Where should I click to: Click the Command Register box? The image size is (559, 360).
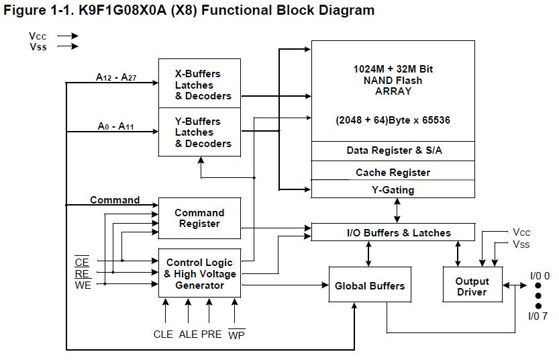200,218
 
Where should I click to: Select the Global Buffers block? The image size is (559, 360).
370,285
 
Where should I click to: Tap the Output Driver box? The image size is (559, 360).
472,285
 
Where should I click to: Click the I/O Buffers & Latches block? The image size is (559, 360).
393,232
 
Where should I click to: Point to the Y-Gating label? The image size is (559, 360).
393,190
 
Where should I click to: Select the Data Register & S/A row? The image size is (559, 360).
393,151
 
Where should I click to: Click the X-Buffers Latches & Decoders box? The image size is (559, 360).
200,83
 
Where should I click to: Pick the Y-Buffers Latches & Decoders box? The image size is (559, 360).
200,132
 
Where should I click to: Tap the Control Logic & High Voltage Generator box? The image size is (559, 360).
200,273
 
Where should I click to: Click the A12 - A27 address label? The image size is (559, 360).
116,77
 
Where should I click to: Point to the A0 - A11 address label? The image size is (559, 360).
116,126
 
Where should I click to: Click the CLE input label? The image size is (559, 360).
163,334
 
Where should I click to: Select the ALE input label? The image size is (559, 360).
188,334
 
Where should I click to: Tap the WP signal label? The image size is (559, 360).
236,334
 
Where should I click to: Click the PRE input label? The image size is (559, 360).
211,334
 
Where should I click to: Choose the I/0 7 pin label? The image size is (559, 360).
538,316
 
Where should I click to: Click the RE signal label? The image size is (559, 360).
83,273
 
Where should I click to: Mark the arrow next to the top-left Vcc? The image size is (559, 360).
68,36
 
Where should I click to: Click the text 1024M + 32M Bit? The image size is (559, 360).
393,69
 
